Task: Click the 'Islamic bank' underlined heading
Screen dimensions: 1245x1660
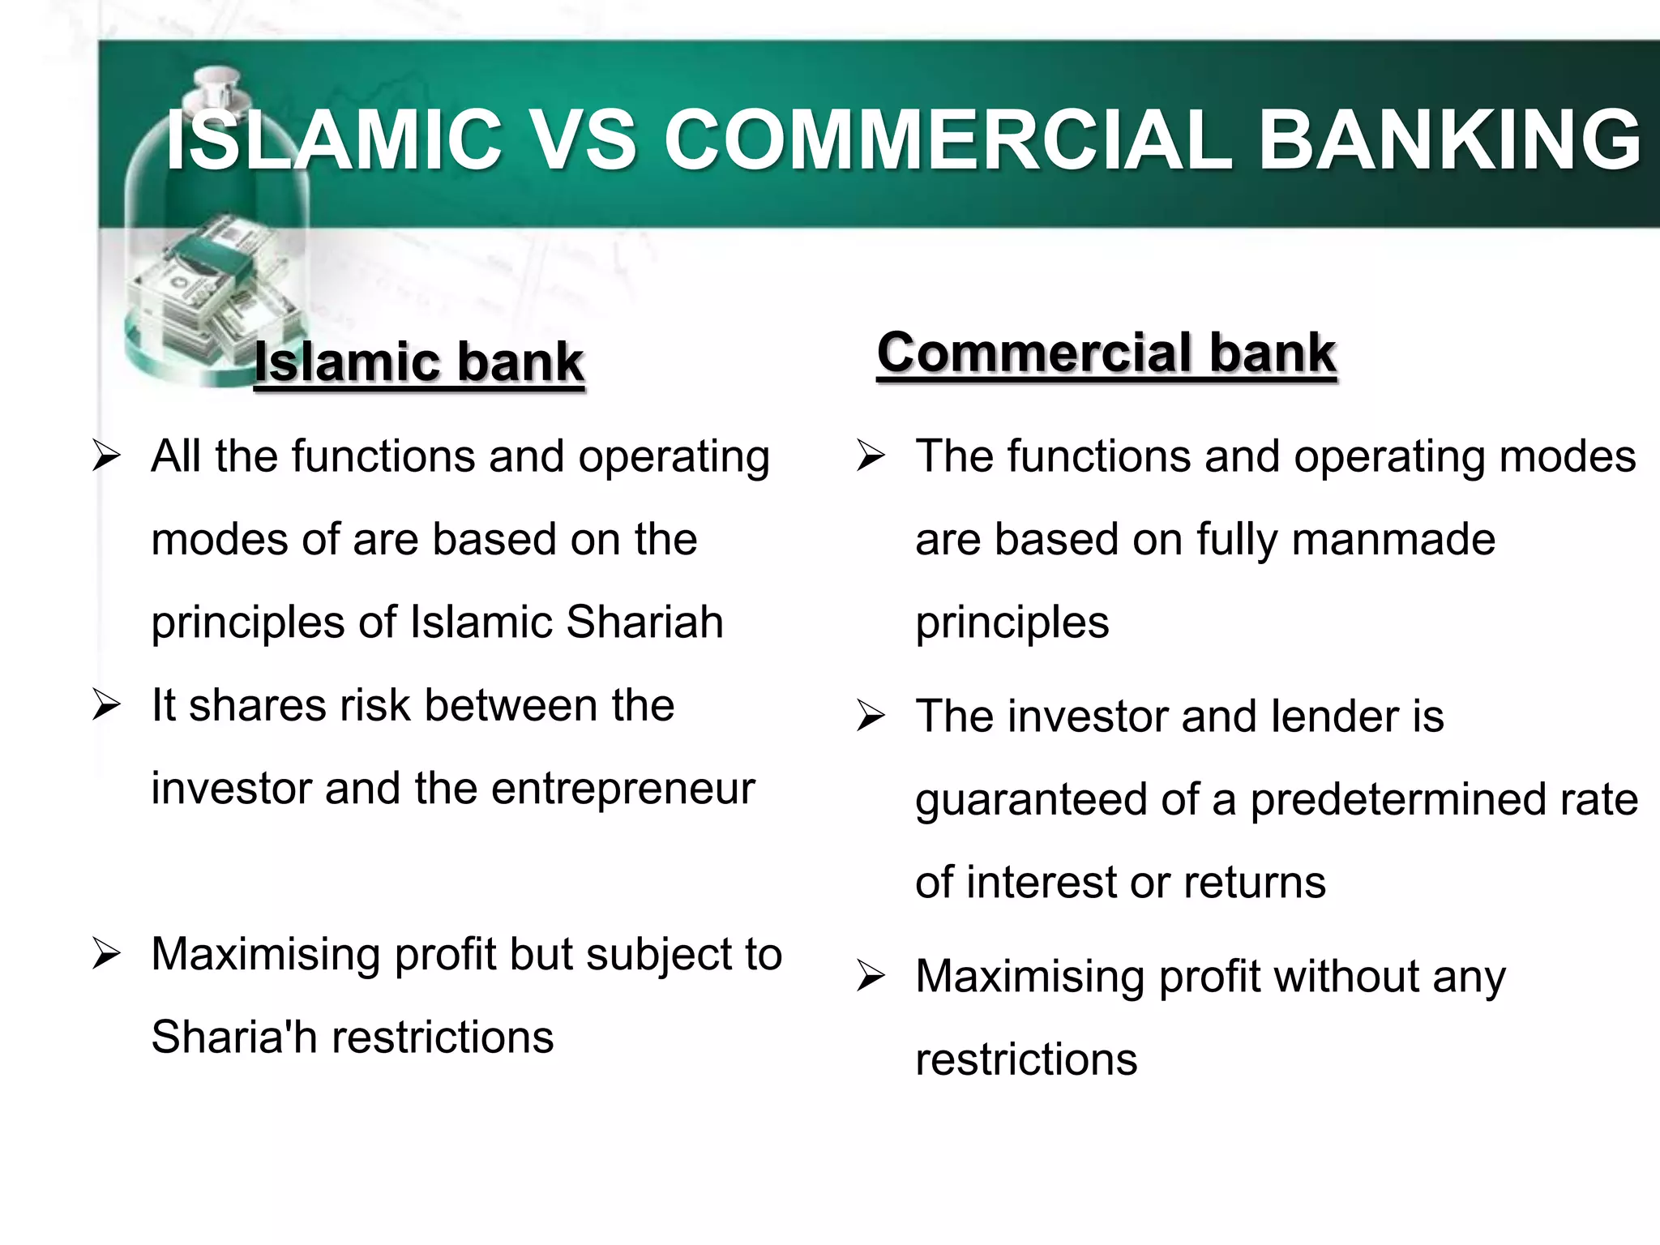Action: click(x=418, y=362)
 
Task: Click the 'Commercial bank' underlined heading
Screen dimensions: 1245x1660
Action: click(x=1106, y=353)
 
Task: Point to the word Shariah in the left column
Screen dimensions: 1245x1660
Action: click(x=644, y=622)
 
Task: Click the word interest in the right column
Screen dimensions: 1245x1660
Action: click(x=1042, y=883)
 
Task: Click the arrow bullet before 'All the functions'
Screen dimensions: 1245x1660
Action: click(x=106, y=456)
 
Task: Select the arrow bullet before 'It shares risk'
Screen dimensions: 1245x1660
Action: click(x=106, y=705)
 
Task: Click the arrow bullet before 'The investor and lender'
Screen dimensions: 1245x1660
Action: click(x=871, y=717)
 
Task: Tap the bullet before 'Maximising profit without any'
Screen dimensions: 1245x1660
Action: click(x=871, y=977)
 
